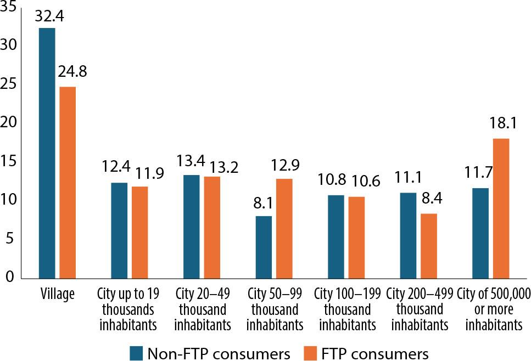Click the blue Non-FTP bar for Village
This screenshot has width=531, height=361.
click(x=47, y=153)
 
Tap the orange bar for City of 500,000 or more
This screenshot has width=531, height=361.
click(x=501, y=208)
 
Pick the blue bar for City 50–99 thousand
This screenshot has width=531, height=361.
click(x=264, y=247)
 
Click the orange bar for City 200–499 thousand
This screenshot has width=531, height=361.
click(x=428, y=246)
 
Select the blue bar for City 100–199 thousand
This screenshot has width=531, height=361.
click(x=336, y=236)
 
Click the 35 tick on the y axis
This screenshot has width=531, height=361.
click(x=9, y=6)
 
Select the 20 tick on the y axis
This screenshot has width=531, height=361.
click(x=9, y=122)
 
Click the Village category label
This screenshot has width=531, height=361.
click(x=58, y=295)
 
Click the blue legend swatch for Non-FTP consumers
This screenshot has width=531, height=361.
click(x=137, y=351)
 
